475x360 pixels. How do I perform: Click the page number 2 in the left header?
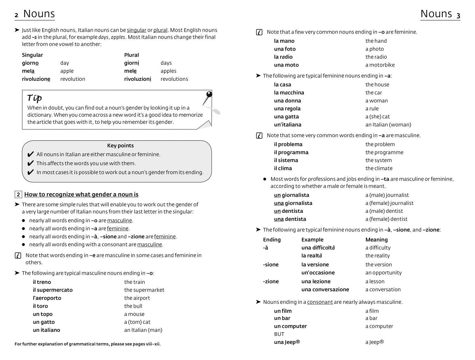click(x=16, y=15)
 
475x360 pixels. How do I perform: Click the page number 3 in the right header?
click(x=458, y=15)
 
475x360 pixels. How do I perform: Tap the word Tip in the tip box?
click(x=35, y=98)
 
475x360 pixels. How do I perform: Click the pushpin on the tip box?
click(x=209, y=94)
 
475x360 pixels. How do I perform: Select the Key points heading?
click(x=120, y=146)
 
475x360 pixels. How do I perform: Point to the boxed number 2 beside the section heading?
click(x=18, y=195)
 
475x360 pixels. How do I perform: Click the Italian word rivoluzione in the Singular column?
click(x=36, y=79)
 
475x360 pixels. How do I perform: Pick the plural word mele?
click(x=130, y=71)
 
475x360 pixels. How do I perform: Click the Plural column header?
click(x=131, y=55)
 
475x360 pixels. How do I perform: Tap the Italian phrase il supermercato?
click(x=53, y=290)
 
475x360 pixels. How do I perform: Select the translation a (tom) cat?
click(x=137, y=322)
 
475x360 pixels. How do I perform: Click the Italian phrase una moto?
click(x=286, y=65)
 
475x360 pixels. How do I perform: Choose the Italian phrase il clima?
click(x=283, y=168)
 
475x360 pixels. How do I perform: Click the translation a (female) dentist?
click(x=386, y=219)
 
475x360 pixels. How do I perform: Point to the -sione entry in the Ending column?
click(x=271, y=265)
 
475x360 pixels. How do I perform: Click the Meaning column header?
click(x=377, y=240)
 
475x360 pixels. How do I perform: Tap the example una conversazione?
click(x=325, y=290)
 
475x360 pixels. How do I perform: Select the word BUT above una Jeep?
click(x=279, y=334)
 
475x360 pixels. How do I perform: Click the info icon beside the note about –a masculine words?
click(x=259, y=136)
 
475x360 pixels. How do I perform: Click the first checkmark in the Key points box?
click(x=30, y=155)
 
